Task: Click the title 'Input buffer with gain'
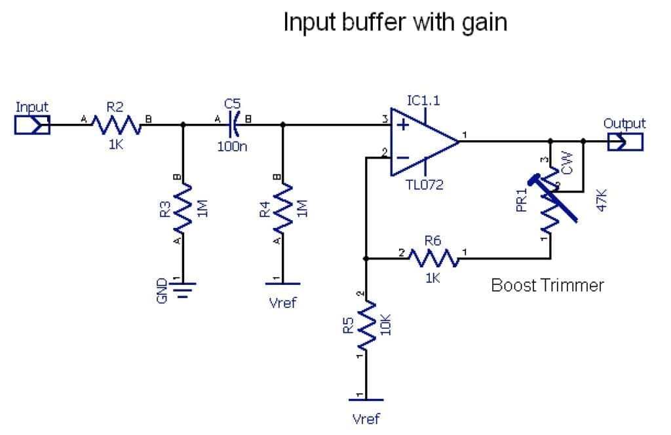coord(395,22)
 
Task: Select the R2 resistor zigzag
coord(115,124)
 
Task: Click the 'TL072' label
coord(425,185)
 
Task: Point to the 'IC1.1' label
coord(423,100)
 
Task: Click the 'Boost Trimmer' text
coord(547,285)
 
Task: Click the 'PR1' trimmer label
coord(522,200)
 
